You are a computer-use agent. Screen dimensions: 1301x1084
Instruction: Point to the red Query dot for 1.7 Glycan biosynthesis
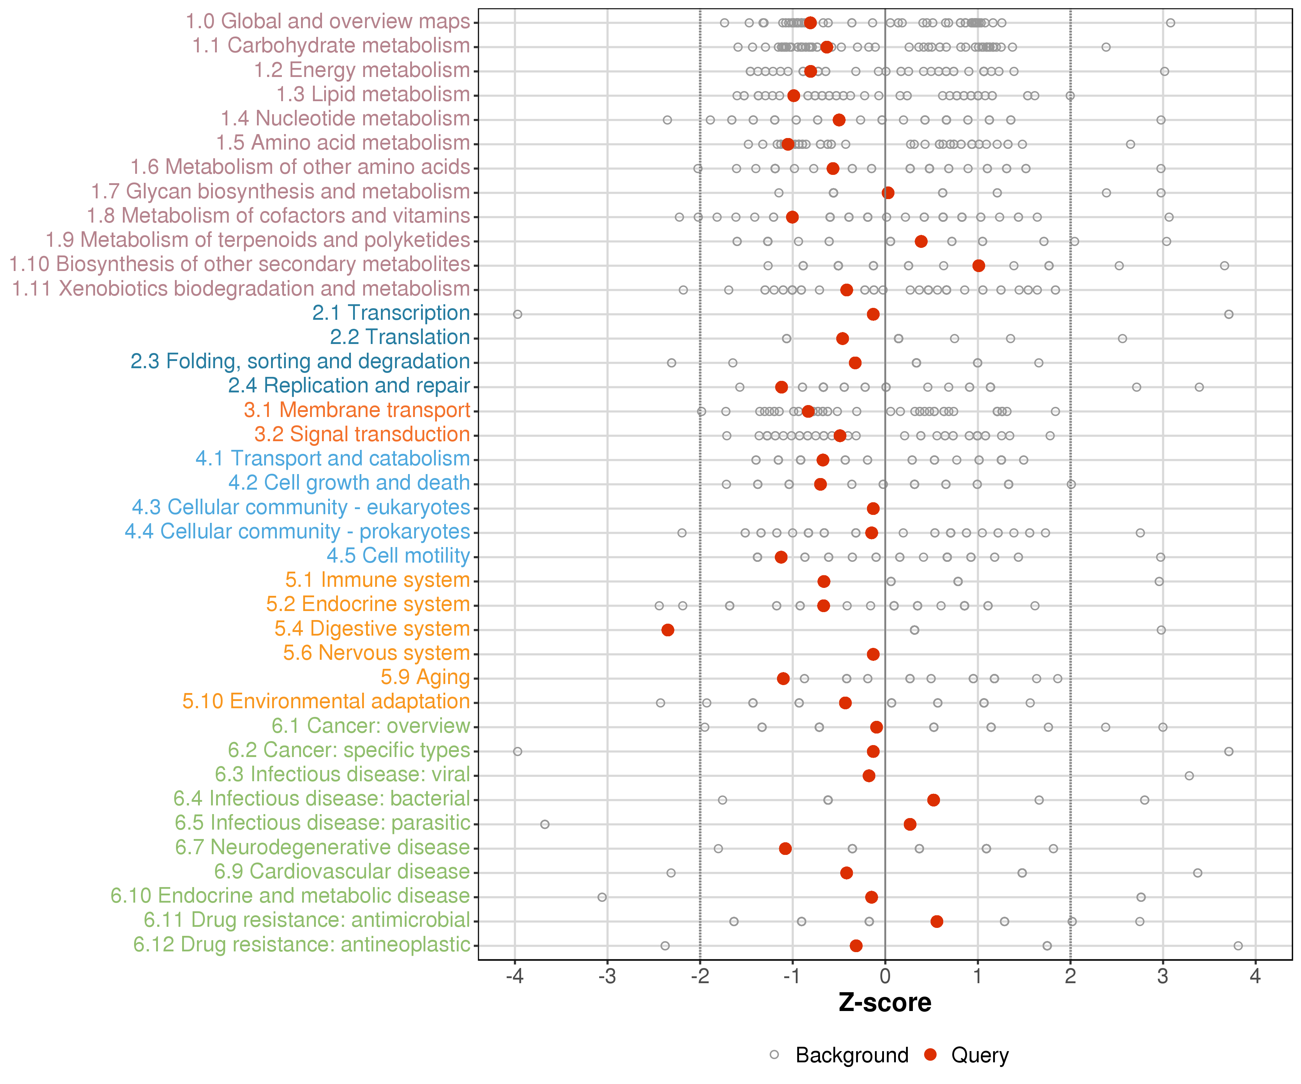click(x=888, y=193)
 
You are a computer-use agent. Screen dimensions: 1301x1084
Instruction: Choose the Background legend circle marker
click(x=774, y=1055)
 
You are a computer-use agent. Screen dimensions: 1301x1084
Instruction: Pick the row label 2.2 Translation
click(x=400, y=337)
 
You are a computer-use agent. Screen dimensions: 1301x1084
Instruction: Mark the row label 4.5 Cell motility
click(x=398, y=556)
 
